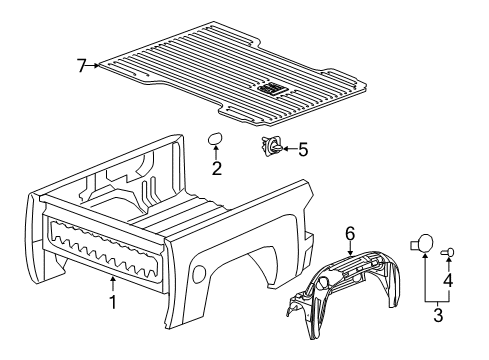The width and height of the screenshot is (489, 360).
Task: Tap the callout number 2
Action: coord(216,169)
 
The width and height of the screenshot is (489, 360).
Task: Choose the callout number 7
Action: coord(82,66)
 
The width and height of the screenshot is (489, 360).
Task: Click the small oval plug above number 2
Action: coord(215,137)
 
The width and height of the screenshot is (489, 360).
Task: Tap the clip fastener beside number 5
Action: coord(270,148)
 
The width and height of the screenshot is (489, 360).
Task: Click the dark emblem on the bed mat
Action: coord(270,90)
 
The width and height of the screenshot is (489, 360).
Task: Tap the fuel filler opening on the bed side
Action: coord(199,272)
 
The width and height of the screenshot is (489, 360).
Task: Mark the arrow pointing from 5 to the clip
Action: coord(288,149)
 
